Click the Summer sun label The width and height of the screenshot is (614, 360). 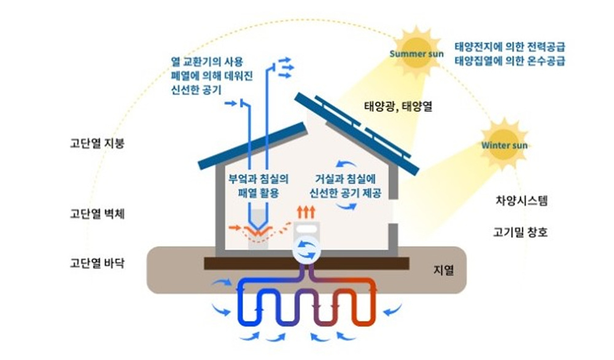[x=416, y=53]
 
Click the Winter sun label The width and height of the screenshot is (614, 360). [x=504, y=146]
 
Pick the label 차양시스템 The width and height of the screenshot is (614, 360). [x=521, y=200]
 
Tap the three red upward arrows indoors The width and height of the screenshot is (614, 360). [x=305, y=213]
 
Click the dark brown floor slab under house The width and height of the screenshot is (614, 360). [x=306, y=263]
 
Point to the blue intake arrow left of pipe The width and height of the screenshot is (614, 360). [x=230, y=104]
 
